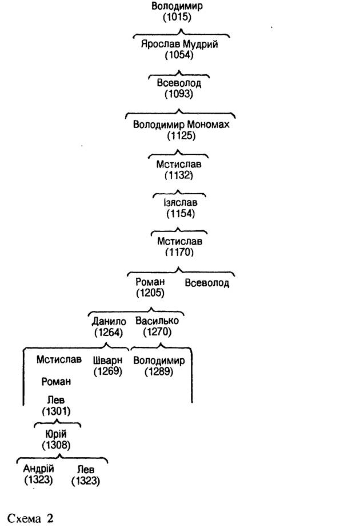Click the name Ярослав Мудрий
179,44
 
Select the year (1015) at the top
177,17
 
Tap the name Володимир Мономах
181,124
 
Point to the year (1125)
181,136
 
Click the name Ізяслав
180,202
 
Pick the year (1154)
181,213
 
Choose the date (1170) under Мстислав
179,252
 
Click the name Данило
109,321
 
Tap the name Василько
157,321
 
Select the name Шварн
107,360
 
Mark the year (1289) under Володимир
159,371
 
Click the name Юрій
56,434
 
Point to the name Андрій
38,469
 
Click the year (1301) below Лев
56,411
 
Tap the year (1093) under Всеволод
179,94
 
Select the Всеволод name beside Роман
207,283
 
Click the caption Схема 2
30,518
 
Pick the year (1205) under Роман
150,293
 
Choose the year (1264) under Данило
109,332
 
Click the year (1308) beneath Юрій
56,445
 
